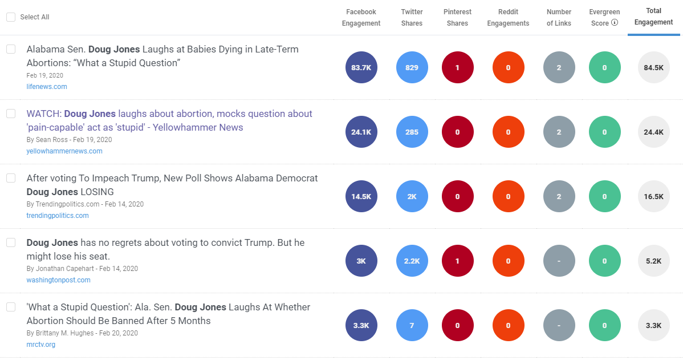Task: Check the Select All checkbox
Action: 11,17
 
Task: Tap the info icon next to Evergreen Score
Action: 615,23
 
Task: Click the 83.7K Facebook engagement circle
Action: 361,67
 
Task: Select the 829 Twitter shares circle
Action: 412,67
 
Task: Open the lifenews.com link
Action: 47,87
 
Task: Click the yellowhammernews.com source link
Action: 64,151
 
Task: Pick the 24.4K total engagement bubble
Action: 653,132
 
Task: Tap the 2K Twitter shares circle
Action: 412,196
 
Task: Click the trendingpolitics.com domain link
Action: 58,216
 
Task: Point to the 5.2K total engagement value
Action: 653,261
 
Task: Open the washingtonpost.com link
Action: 58,280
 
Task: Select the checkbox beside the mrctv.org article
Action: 11,307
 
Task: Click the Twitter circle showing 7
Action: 412,325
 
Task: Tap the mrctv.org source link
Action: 40,345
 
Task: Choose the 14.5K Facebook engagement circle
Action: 361,196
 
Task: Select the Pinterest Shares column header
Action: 457,18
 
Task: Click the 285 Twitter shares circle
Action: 412,132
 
